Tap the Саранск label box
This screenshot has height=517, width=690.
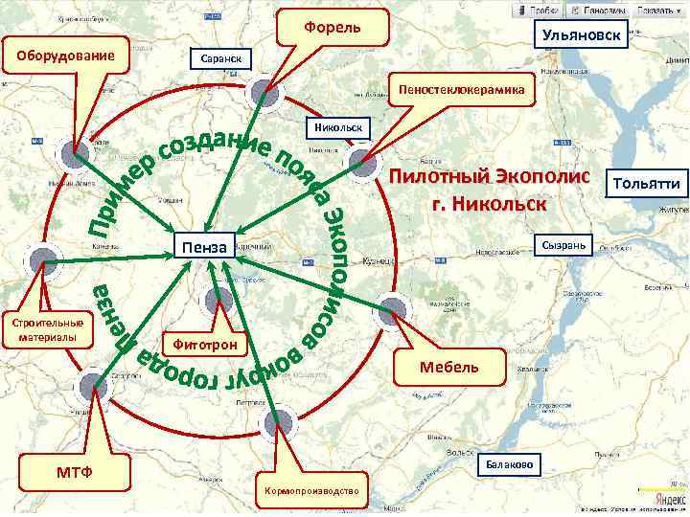click(221, 59)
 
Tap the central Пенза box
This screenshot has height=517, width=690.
click(203, 248)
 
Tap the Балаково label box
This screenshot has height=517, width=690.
click(509, 464)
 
